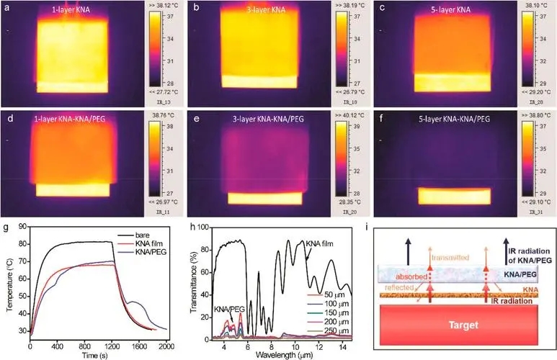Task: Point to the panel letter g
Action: coord(5,230)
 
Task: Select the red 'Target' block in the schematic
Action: coord(462,330)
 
